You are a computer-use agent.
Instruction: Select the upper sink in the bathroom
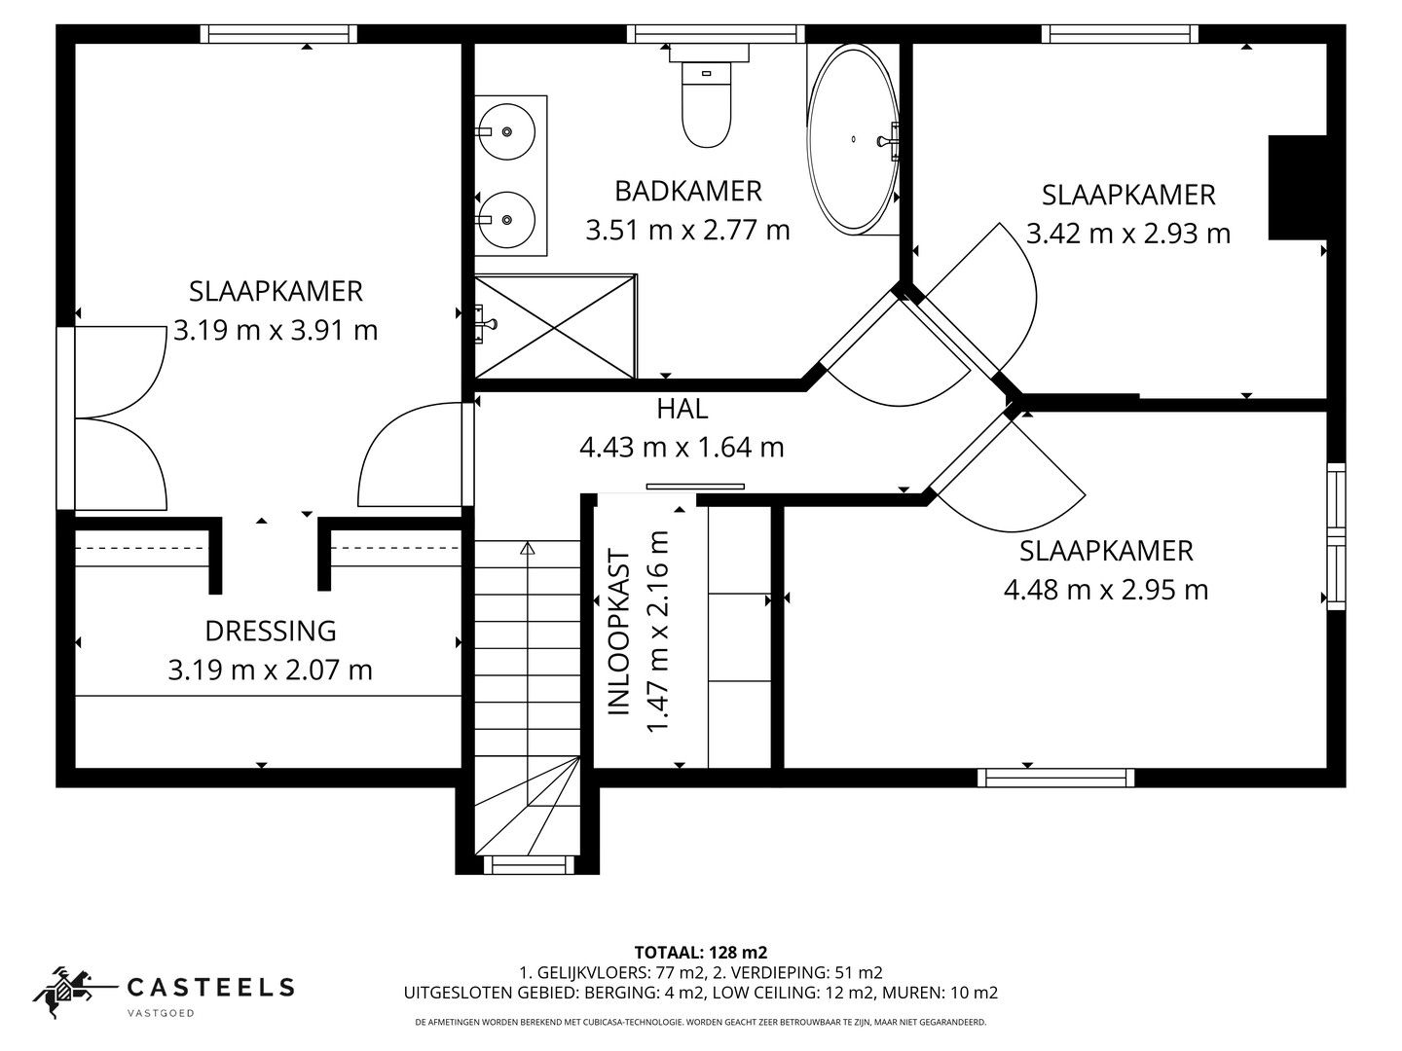click(x=509, y=130)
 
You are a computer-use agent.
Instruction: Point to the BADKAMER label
click(x=687, y=191)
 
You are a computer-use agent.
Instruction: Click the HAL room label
click(x=681, y=409)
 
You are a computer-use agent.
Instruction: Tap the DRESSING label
click(x=270, y=631)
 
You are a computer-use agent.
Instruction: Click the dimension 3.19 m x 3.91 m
click(x=276, y=331)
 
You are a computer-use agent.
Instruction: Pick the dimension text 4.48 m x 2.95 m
click(x=1105, y=590)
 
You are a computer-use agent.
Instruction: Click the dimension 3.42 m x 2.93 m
click(x=1127, y=234)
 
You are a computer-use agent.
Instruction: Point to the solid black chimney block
click(x=1297, y=187)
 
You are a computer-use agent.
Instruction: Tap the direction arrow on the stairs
click(x=528, y=549)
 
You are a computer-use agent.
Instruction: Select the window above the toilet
click(x=716, y=34)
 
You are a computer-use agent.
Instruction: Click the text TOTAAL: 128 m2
click(x=700, y=952)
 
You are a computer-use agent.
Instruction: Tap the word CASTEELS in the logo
click(x=210, y=988)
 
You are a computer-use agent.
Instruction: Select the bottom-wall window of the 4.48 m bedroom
click(x=1055, y=778)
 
